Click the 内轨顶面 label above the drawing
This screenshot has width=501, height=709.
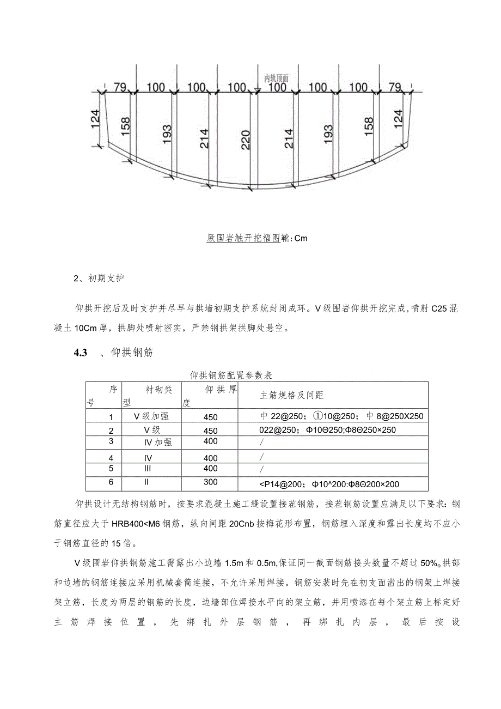pyautogui.click(x=276, y=78)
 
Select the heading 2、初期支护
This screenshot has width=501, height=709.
pyautogui.click(x=99, y=278)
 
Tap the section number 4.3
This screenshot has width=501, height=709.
pyautogui.click(x=81, y=353)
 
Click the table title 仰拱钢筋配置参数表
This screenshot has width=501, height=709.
pyautogui.click(x=230, y=375)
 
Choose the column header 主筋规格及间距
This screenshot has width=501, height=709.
pyautogui.click(x=292, y=395)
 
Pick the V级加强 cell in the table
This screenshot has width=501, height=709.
pyautogui.click(x=151, y=416)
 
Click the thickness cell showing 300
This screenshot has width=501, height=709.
pyautogui.click(x=210, y=482)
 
